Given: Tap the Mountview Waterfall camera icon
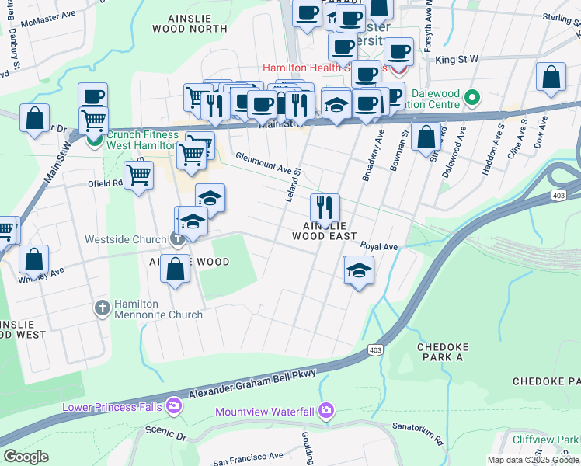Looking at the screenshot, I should click(x=326, y=410).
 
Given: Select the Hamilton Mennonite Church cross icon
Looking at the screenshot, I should click(x=102, y=308).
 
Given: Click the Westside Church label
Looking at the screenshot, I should click(x=127, y=239).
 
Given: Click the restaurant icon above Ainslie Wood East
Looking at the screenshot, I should click(x=325, y=207).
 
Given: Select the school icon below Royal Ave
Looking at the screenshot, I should click(x=358, y=270).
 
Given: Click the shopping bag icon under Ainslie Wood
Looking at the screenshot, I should click(x=176, y=268).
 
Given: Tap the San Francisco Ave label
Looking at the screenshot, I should click(x=248, y=457).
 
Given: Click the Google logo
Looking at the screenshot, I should click(x=26, y=457).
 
